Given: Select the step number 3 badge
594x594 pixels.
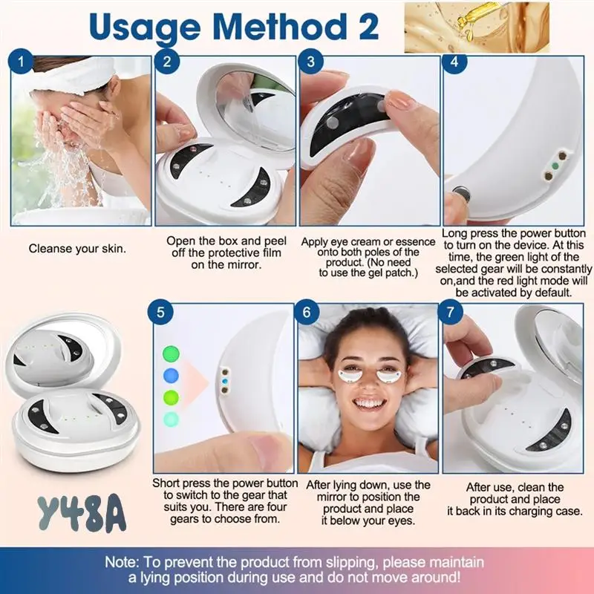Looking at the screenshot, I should click(312, 62).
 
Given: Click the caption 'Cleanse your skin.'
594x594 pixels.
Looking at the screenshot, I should click(77, 249).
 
